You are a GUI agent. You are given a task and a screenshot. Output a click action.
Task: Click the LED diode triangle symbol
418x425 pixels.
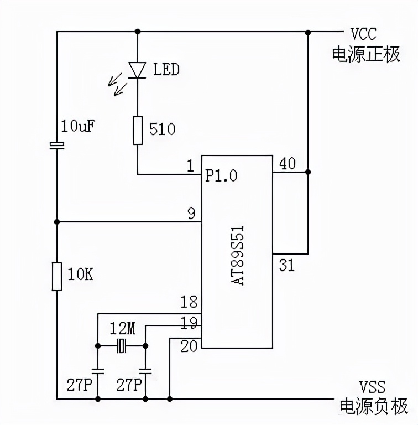click(137, 70)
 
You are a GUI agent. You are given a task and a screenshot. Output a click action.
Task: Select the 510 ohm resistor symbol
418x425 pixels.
click(138, 131)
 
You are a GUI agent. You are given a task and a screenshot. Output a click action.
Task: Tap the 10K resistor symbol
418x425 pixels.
click(57, 277)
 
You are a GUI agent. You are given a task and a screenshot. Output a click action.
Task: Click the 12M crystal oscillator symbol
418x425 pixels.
click(122, 347)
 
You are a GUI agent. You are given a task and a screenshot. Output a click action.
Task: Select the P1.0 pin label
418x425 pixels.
click(221, 175)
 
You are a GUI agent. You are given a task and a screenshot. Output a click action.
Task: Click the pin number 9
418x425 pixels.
click(191, 212)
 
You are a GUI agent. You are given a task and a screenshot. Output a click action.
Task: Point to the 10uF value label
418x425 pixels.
click(77, 127)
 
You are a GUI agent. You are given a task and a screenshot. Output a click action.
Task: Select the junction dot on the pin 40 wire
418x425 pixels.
click(308, 172)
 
